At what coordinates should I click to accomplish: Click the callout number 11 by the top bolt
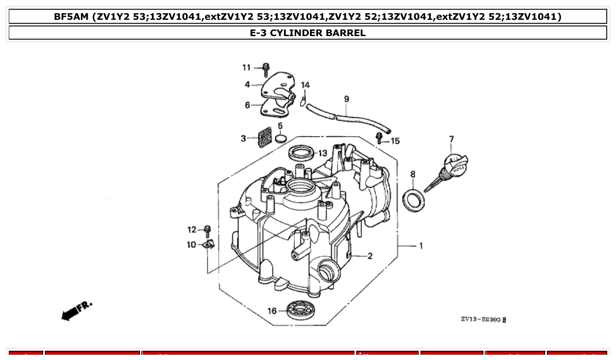pos(246,67)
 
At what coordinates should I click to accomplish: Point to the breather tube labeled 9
pos(348,118)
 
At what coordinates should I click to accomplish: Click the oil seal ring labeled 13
pos(302,152)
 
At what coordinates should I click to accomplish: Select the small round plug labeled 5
pos(281,139)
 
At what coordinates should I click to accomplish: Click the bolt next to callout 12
pos(207,231)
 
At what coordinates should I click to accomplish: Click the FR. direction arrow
pos(77,310)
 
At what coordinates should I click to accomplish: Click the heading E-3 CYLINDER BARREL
pos(308,33)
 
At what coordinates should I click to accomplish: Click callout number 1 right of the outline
pos(421,246)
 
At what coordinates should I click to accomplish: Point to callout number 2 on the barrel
pos(370,256)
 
